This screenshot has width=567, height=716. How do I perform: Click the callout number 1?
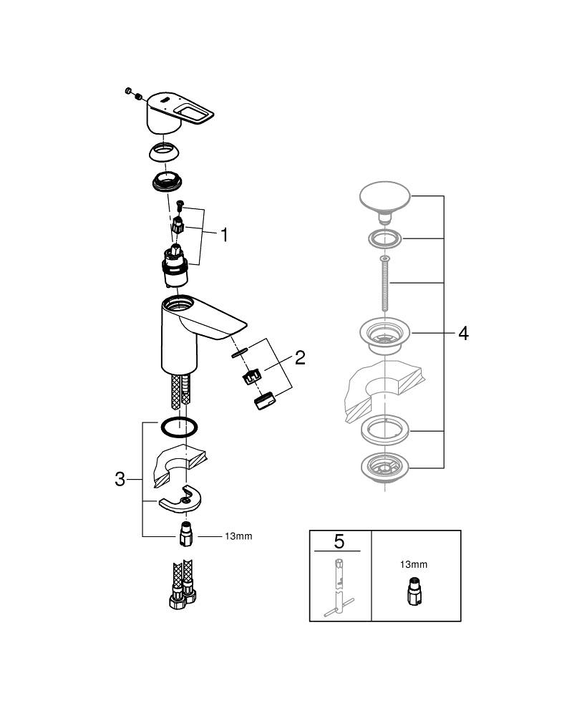(x=223, y=235)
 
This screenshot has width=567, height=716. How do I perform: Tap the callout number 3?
(x=120, y=479)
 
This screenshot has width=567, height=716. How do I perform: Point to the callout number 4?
(x=463, y=334)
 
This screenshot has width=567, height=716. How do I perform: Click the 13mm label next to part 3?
(x=238, y=536)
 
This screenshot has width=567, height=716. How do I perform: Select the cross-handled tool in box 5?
(x=339, y=587)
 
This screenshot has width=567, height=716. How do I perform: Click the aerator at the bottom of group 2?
(x=264, y=402)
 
